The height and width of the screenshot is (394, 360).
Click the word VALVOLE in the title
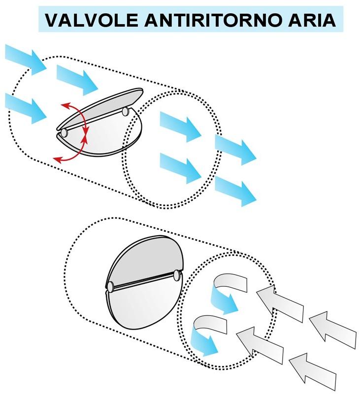(92, 20)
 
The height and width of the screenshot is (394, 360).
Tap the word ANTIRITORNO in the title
(213, 20)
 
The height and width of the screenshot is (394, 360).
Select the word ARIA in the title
(312, 20)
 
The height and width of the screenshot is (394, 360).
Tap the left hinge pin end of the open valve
(64, 132)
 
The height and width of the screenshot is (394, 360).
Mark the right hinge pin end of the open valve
(125, 112)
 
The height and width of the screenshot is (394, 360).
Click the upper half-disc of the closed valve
(145, 261)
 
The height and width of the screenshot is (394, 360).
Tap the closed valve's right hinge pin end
(177, 275)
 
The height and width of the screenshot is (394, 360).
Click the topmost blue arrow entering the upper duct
(26, 60)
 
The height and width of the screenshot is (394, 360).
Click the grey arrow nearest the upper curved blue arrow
(280, 303)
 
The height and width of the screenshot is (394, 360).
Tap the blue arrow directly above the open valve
(77, 80)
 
